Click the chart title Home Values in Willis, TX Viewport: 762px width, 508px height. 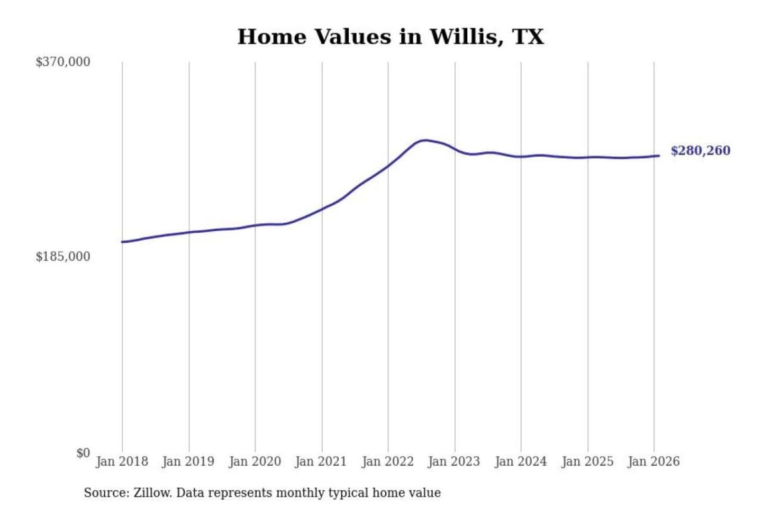(x=391, y=37)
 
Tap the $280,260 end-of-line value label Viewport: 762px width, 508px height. (x=700, y=151)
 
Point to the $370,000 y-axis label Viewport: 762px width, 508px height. (x=63, y=62)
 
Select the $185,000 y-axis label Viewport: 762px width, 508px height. (x=63, y=257)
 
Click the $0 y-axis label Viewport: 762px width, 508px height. (x=83, y=453)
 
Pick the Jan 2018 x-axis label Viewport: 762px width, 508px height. (x=122, y=461)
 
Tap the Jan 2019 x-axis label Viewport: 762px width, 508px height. (x=188, y=461)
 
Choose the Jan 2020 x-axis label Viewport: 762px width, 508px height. (x=255, y=461)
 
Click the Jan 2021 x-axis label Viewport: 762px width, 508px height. (x=321, y=461)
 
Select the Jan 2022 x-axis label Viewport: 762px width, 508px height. (x=387, y=461)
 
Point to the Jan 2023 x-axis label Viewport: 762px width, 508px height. (x=453, y=461)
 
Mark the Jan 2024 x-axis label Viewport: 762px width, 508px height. (x=520, y=461)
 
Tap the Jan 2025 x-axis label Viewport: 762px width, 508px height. (x=587, y=461)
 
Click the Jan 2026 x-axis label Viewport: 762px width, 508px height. (x=654, y=461)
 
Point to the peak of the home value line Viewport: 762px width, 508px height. (x=424, y=140)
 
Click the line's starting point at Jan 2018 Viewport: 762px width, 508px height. (x=122, y=242)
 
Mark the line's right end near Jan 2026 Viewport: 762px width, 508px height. (x=659, y=156)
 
